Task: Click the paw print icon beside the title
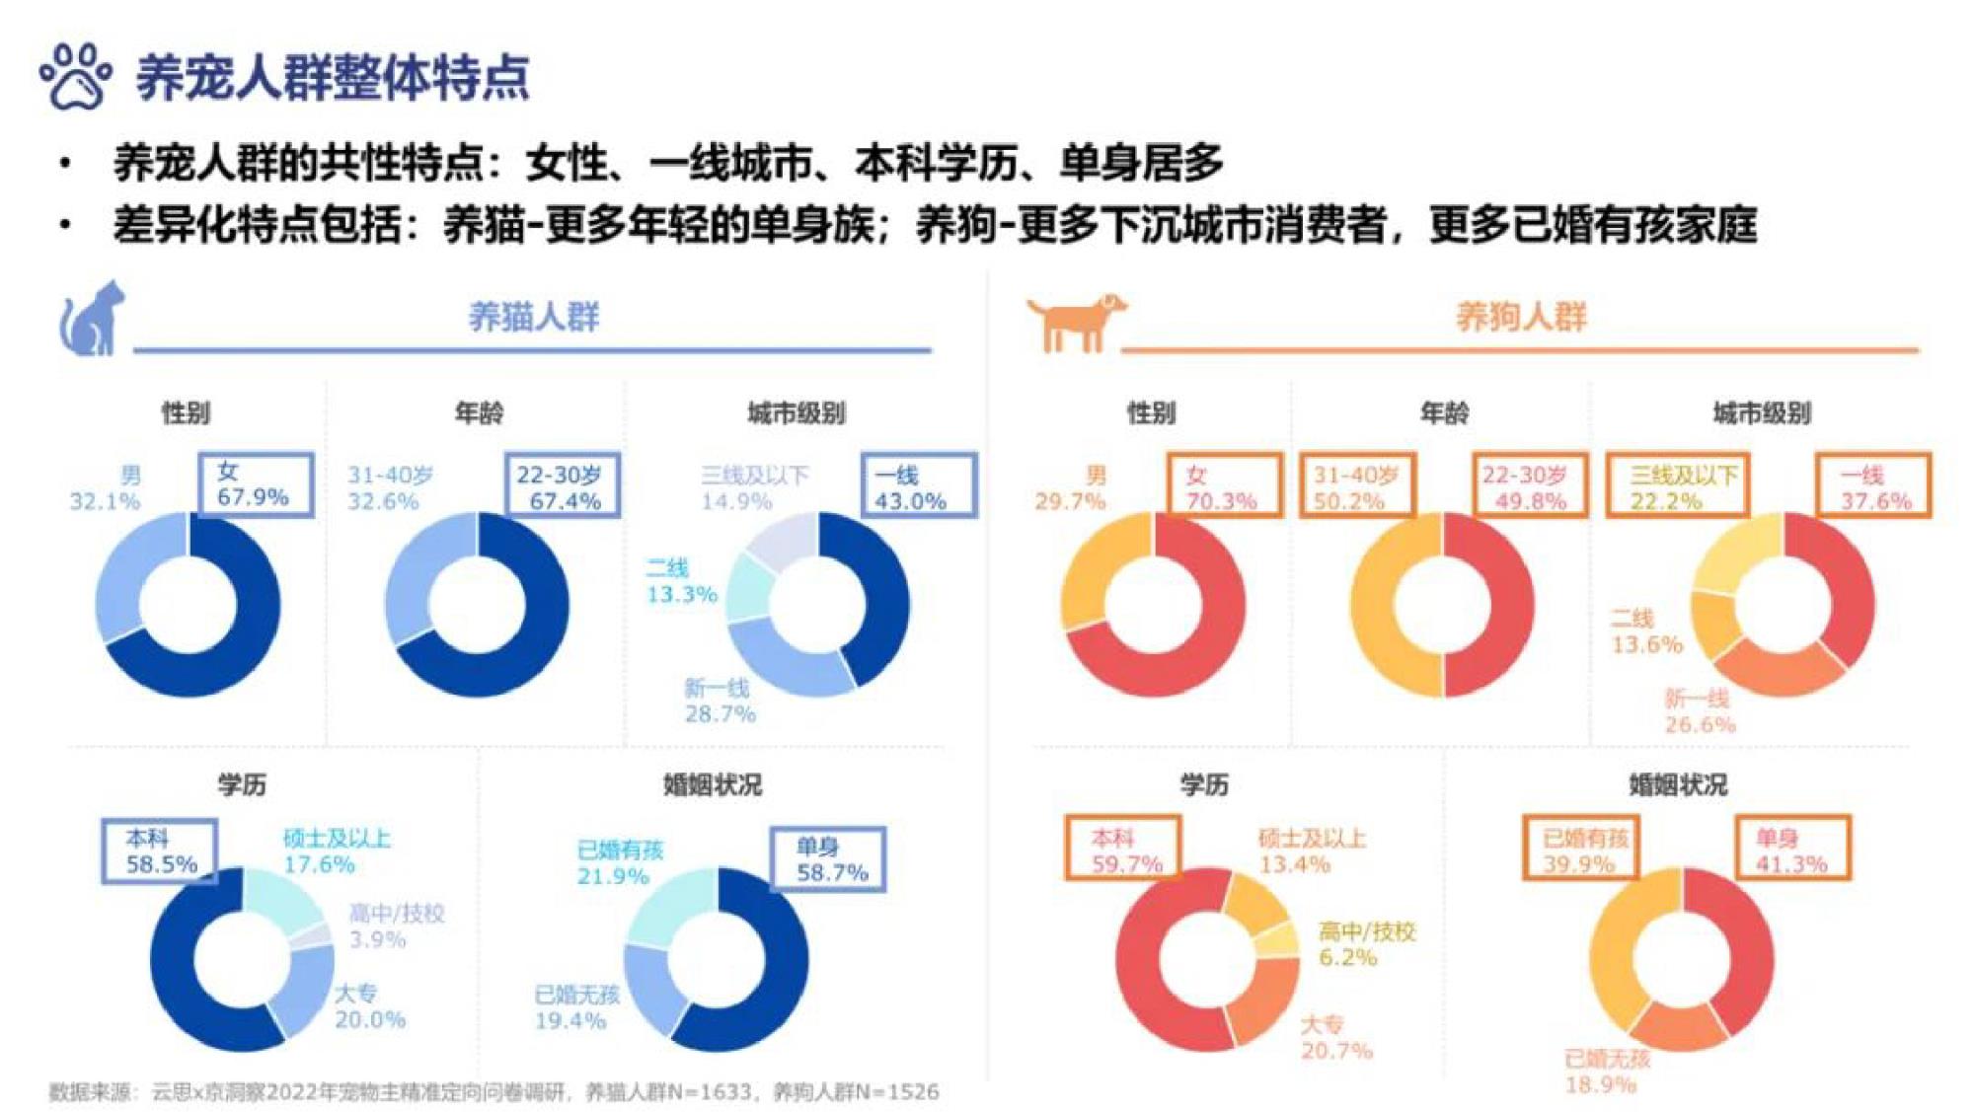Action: coord(75,76)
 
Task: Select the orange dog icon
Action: coord(1076,321)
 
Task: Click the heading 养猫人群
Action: coord(533,318)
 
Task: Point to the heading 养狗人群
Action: coord(1521,318)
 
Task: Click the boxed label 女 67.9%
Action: coord(255,484)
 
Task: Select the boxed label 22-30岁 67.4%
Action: coord(562,485)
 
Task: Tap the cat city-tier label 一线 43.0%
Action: coord(918,485)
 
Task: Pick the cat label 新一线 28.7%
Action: coord(719,701)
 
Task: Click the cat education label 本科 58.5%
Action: coord(159,851)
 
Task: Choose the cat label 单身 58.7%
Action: coord(827,858)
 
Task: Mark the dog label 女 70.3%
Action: coord(1224,485)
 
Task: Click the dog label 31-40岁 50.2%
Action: coord(1356,485)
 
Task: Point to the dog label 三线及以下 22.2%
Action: coord(1677,485)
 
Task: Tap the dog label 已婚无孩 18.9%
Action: coord(1606,1072)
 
